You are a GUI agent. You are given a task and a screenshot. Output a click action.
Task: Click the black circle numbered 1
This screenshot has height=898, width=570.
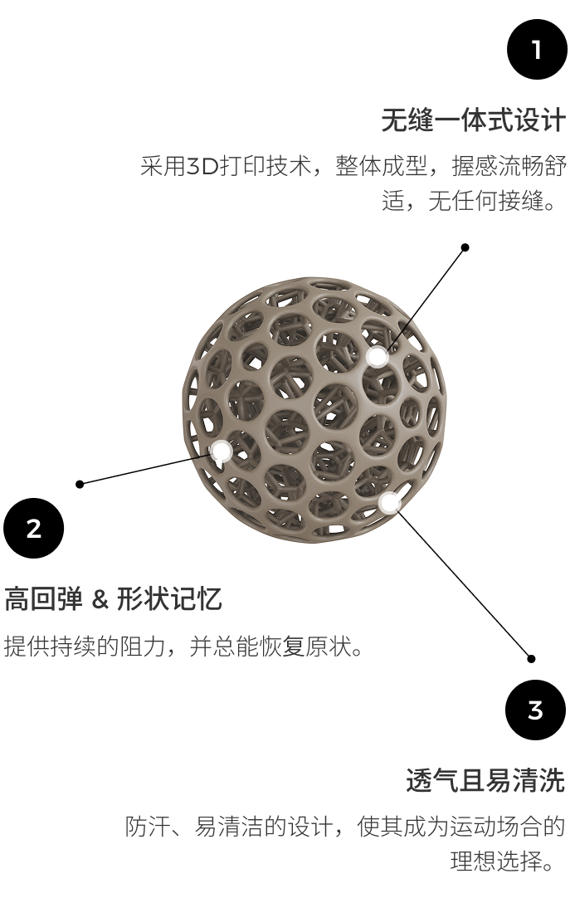coord(537,49)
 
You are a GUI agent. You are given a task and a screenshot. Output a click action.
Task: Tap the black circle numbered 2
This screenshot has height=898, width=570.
coord(34,528)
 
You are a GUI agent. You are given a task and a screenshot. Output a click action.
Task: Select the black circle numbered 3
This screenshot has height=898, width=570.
coord(535,710)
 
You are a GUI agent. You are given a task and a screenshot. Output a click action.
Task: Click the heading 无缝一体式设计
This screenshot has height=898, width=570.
coord(473,121)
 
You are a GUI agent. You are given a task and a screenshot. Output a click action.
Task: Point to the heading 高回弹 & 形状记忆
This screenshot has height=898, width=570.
coord(113,599)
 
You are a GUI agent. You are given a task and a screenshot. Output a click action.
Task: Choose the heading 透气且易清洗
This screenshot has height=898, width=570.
coord(485,781)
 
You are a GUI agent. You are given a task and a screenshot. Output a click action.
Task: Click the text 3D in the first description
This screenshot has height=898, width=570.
coord(202,167)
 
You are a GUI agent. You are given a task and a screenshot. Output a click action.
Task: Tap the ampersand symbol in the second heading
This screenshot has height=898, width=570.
coord(100,599)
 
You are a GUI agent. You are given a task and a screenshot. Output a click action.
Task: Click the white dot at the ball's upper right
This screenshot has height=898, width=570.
coord(378,356)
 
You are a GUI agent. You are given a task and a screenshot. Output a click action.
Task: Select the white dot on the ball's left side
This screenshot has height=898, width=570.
coord(221,451)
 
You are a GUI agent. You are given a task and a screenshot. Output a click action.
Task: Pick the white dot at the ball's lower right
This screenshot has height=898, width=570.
coord(389,502)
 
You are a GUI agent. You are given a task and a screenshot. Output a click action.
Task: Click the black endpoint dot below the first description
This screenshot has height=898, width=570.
coord(465,247)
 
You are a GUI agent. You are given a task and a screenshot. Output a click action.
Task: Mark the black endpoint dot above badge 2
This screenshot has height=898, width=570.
coord(80,484)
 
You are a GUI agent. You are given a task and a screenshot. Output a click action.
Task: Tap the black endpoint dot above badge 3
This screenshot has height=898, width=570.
coord(531,659)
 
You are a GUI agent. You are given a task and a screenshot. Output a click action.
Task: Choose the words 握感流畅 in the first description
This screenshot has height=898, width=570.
coord(497,167)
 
